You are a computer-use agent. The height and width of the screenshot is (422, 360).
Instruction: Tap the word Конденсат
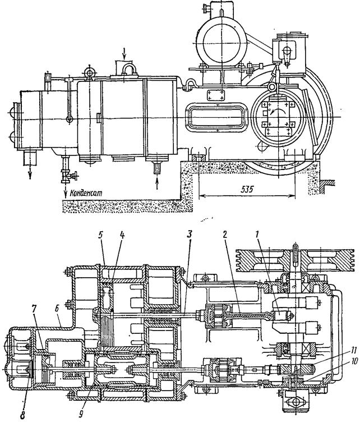pyautogui.click(x=86, y=193)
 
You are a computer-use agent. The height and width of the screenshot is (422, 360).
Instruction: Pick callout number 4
pyautogui.click(x=122, y=236)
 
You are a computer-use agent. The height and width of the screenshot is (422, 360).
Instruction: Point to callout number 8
pyautogui.click(x=22, y=415)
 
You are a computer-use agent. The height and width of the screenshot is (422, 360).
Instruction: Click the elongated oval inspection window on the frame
pyautogui.click(x=216, y=117)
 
